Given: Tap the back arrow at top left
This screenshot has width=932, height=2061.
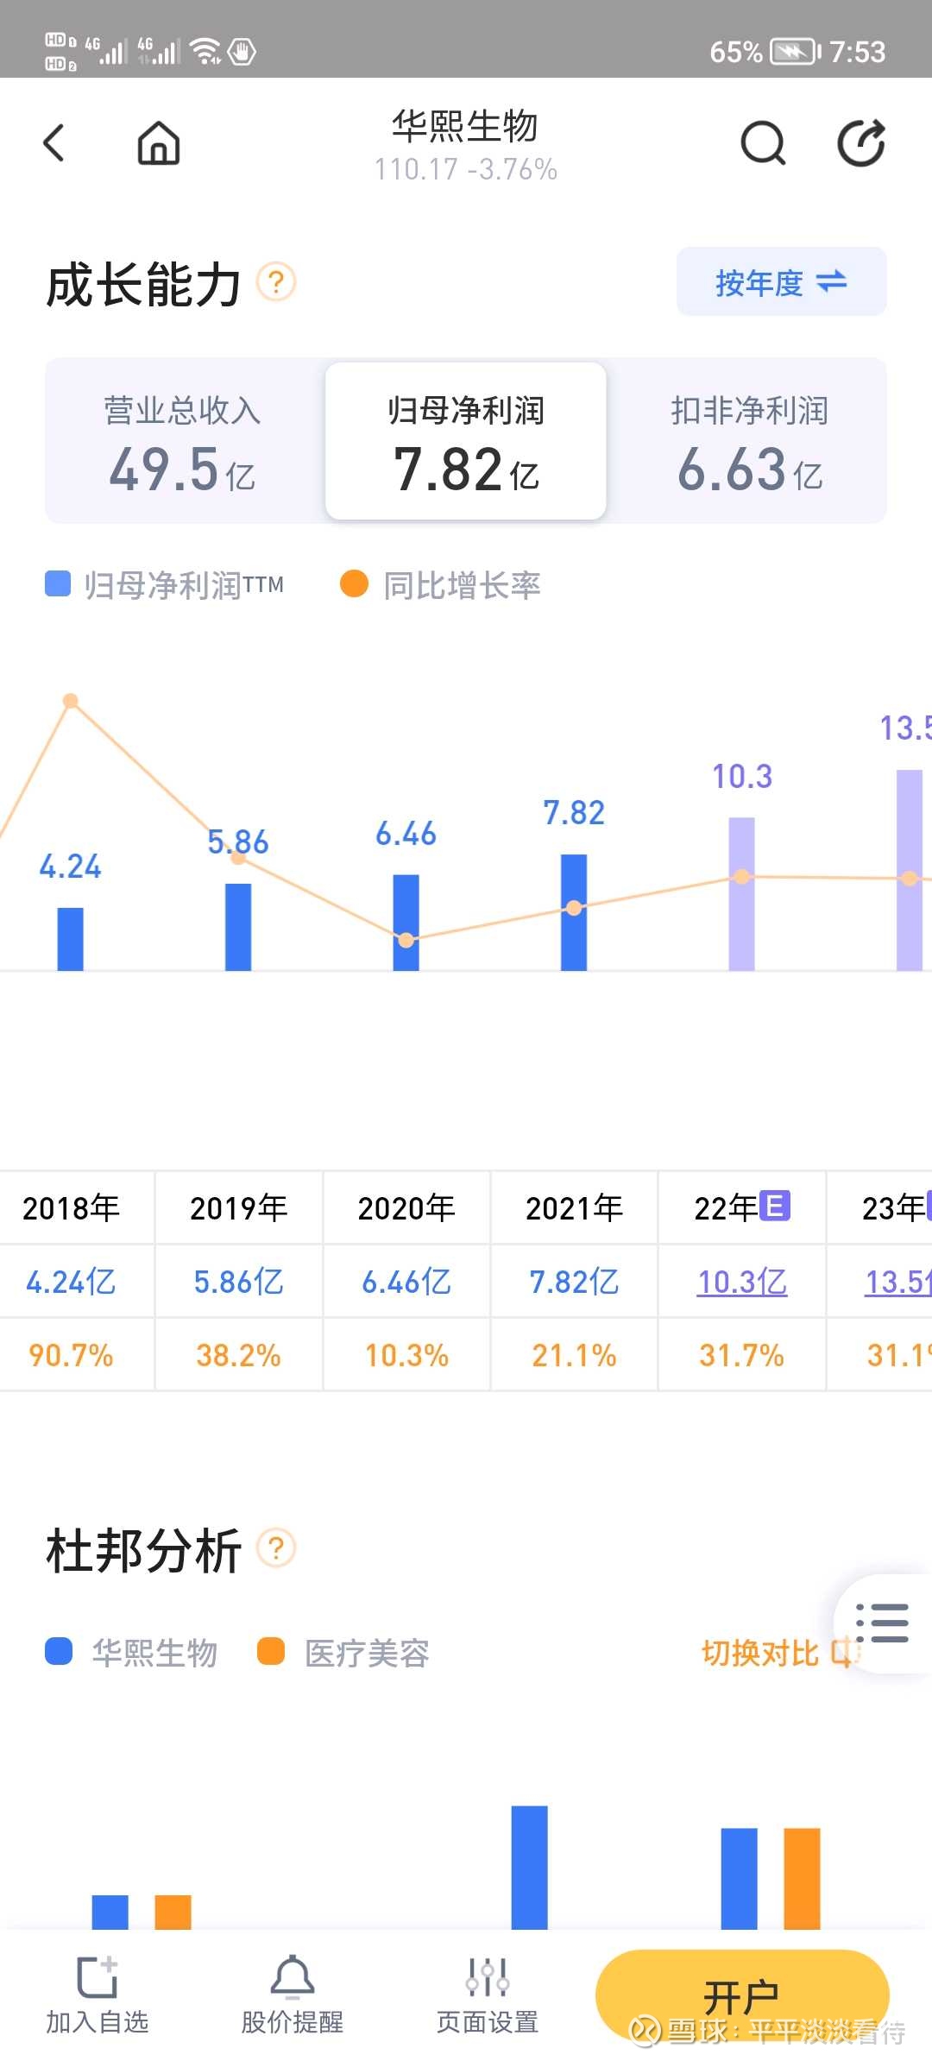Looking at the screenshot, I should (x=54, y=142).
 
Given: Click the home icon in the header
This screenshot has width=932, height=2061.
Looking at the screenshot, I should (x=159, y=142).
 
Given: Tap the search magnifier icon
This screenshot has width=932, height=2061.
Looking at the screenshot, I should (x=763, y=142).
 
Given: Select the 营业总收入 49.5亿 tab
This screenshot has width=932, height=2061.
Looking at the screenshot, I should (x=183, y=442).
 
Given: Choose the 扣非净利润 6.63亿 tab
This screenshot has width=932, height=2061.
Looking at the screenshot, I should (x=749, y=442).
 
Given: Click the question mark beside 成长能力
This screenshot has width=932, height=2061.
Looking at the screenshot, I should (x=276, y=282).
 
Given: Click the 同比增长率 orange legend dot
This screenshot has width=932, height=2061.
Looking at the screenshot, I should (x=354, y=584).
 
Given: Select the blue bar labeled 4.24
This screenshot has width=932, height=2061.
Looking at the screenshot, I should (x=71, y=938).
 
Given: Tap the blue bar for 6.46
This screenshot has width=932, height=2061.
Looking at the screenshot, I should (x=406, y=922).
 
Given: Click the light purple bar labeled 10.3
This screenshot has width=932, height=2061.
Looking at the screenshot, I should (x=741, y=893).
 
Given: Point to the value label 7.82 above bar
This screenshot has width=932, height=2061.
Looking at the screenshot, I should (x=574, y=812).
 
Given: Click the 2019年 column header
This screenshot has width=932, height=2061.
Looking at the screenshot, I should (x=238, y=1207).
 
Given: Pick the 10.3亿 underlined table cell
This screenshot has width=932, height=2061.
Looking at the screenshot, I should (x=741, y=1282).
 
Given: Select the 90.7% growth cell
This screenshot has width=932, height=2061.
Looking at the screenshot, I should (x=71, y=1355).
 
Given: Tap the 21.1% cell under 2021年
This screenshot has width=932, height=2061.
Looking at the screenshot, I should (x=574, y=1355).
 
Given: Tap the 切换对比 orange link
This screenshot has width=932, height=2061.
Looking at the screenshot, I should (x=759, y=1653).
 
